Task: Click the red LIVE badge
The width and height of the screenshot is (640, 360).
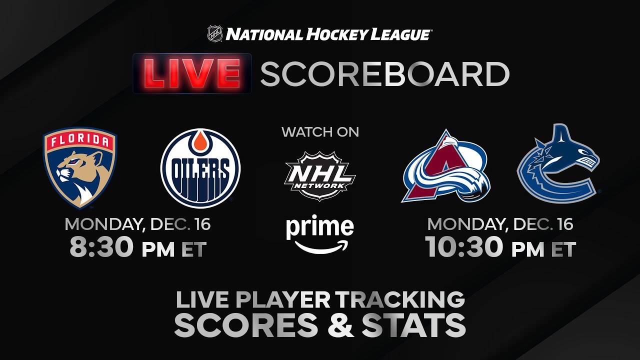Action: pyautogui.click(x=192, y=73)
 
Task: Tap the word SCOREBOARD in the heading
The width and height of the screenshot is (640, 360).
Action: pyautogui.click(x=385, y=74)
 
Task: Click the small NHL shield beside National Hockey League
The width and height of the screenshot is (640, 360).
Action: pyautogui.click(x=215, y=33)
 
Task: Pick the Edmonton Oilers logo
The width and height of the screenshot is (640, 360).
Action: pyautogui.click(x=200, y=168)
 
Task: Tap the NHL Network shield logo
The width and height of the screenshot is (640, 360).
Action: pyautogui.click(x=320, y=176)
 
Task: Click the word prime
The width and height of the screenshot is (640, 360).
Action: pyautogui.click(x=320, y=227)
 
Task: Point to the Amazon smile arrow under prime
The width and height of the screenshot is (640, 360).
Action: pyautogui.click(x=321, y=248)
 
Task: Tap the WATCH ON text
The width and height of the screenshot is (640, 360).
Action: pyautogui.click(x=320, y=132)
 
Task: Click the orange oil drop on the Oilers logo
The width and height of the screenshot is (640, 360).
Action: pyautogui.click(x=200, y=141)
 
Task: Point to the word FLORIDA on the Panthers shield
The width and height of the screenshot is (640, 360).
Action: pyautogui.click(x=79, y=140)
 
